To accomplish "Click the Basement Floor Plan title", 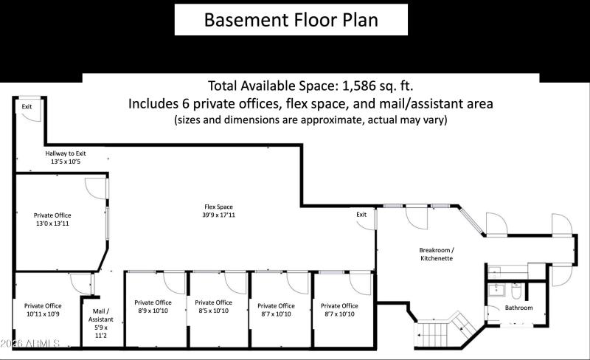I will [x=291, y=19].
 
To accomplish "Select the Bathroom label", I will [x=518, y=308].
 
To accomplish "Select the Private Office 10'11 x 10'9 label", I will [x=43, y=309].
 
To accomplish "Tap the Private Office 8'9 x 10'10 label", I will [x=153, y=306].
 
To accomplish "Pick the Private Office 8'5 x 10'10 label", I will [x=213, y=306].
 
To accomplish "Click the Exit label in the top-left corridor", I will [x=27, y=107].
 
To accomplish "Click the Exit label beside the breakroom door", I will [x=361, y=215].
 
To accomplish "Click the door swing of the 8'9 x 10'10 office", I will [x=174, y=281].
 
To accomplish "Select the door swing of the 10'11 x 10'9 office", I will [x=80, y=283].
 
